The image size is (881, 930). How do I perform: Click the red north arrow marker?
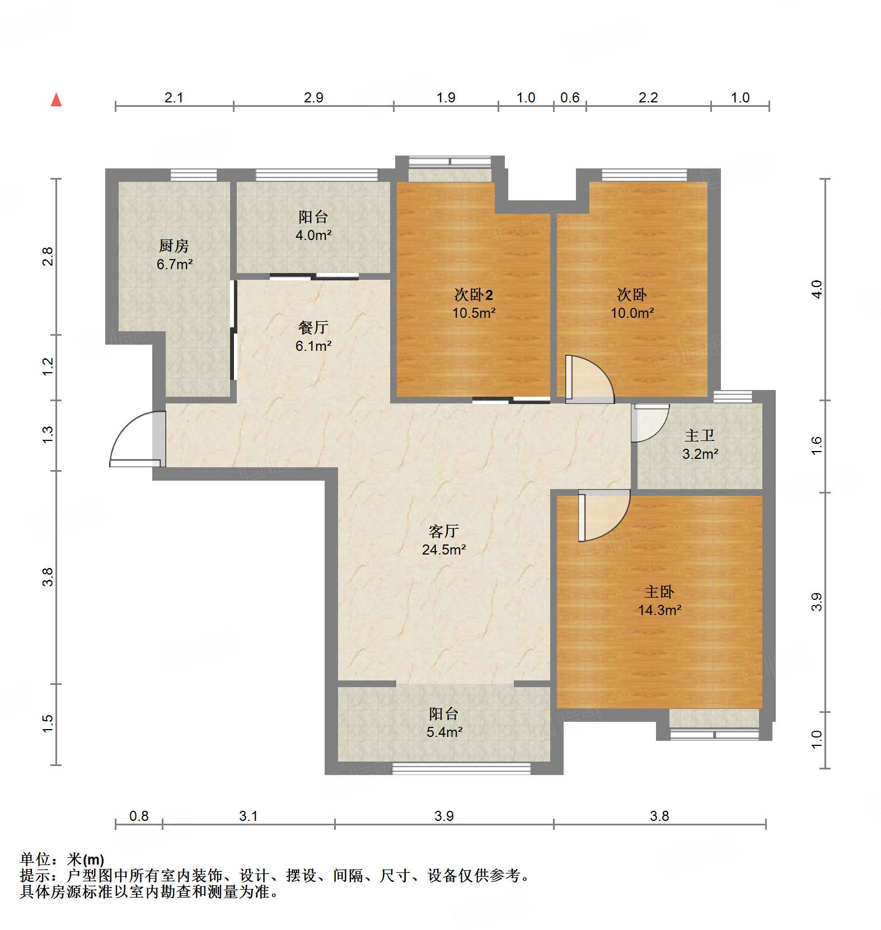[x=56, y=100]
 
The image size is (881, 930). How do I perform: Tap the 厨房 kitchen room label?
[x=174, y=246]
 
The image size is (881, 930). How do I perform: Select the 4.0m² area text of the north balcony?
[x=313, y=236]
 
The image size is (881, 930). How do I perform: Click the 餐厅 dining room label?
[x=313, y=327]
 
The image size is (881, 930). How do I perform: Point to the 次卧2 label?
[x=474, y=294]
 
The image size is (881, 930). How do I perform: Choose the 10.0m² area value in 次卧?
[x=632, y=313]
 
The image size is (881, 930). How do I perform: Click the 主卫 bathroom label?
[x=700, y=435]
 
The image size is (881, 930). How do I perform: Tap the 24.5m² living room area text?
[x=444, y=550]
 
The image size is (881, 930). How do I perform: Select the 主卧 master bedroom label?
[x=659, y=591]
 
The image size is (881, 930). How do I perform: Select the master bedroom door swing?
[x=603, y=515]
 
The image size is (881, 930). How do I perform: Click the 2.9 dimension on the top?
[x=313, y=97]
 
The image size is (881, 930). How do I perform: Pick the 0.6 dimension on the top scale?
[x=570, y=97]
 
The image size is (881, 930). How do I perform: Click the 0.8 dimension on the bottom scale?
[x=139, y=816]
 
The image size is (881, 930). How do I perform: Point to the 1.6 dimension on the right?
[x=817, y=445]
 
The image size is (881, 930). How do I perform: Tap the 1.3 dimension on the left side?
[x=48, y=435]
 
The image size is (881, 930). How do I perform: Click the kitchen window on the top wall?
[x=194, y=175]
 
